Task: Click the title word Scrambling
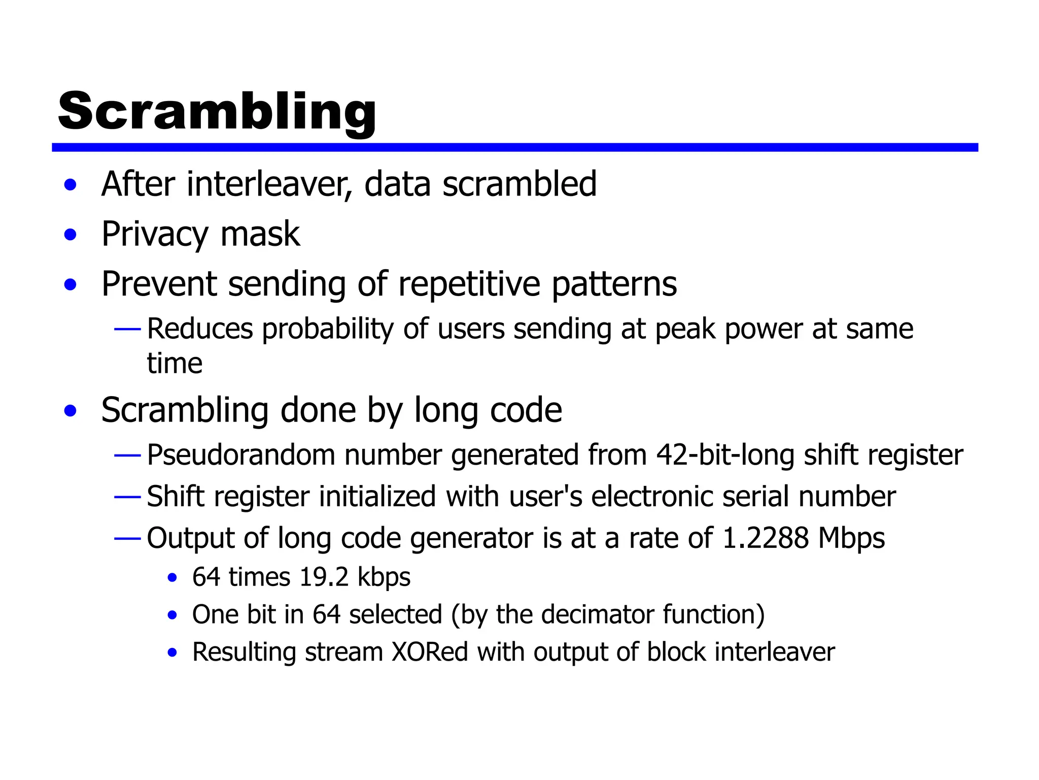[x=217, y=111]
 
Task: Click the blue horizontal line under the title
[x=514, y=147]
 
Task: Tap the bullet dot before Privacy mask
[x=71, y=235]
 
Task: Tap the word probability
[x=328, y=329]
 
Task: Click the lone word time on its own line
[x=175, y=364]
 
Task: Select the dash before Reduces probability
[x=127, y=330]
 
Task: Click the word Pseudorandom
[x=241, y=454]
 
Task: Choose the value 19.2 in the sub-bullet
[x=324, y=577]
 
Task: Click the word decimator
[x=597, y=614]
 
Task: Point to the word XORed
[x=430, y=652]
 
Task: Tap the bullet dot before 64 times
[x=172, y=578]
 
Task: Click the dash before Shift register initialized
[x=127, y=497]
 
